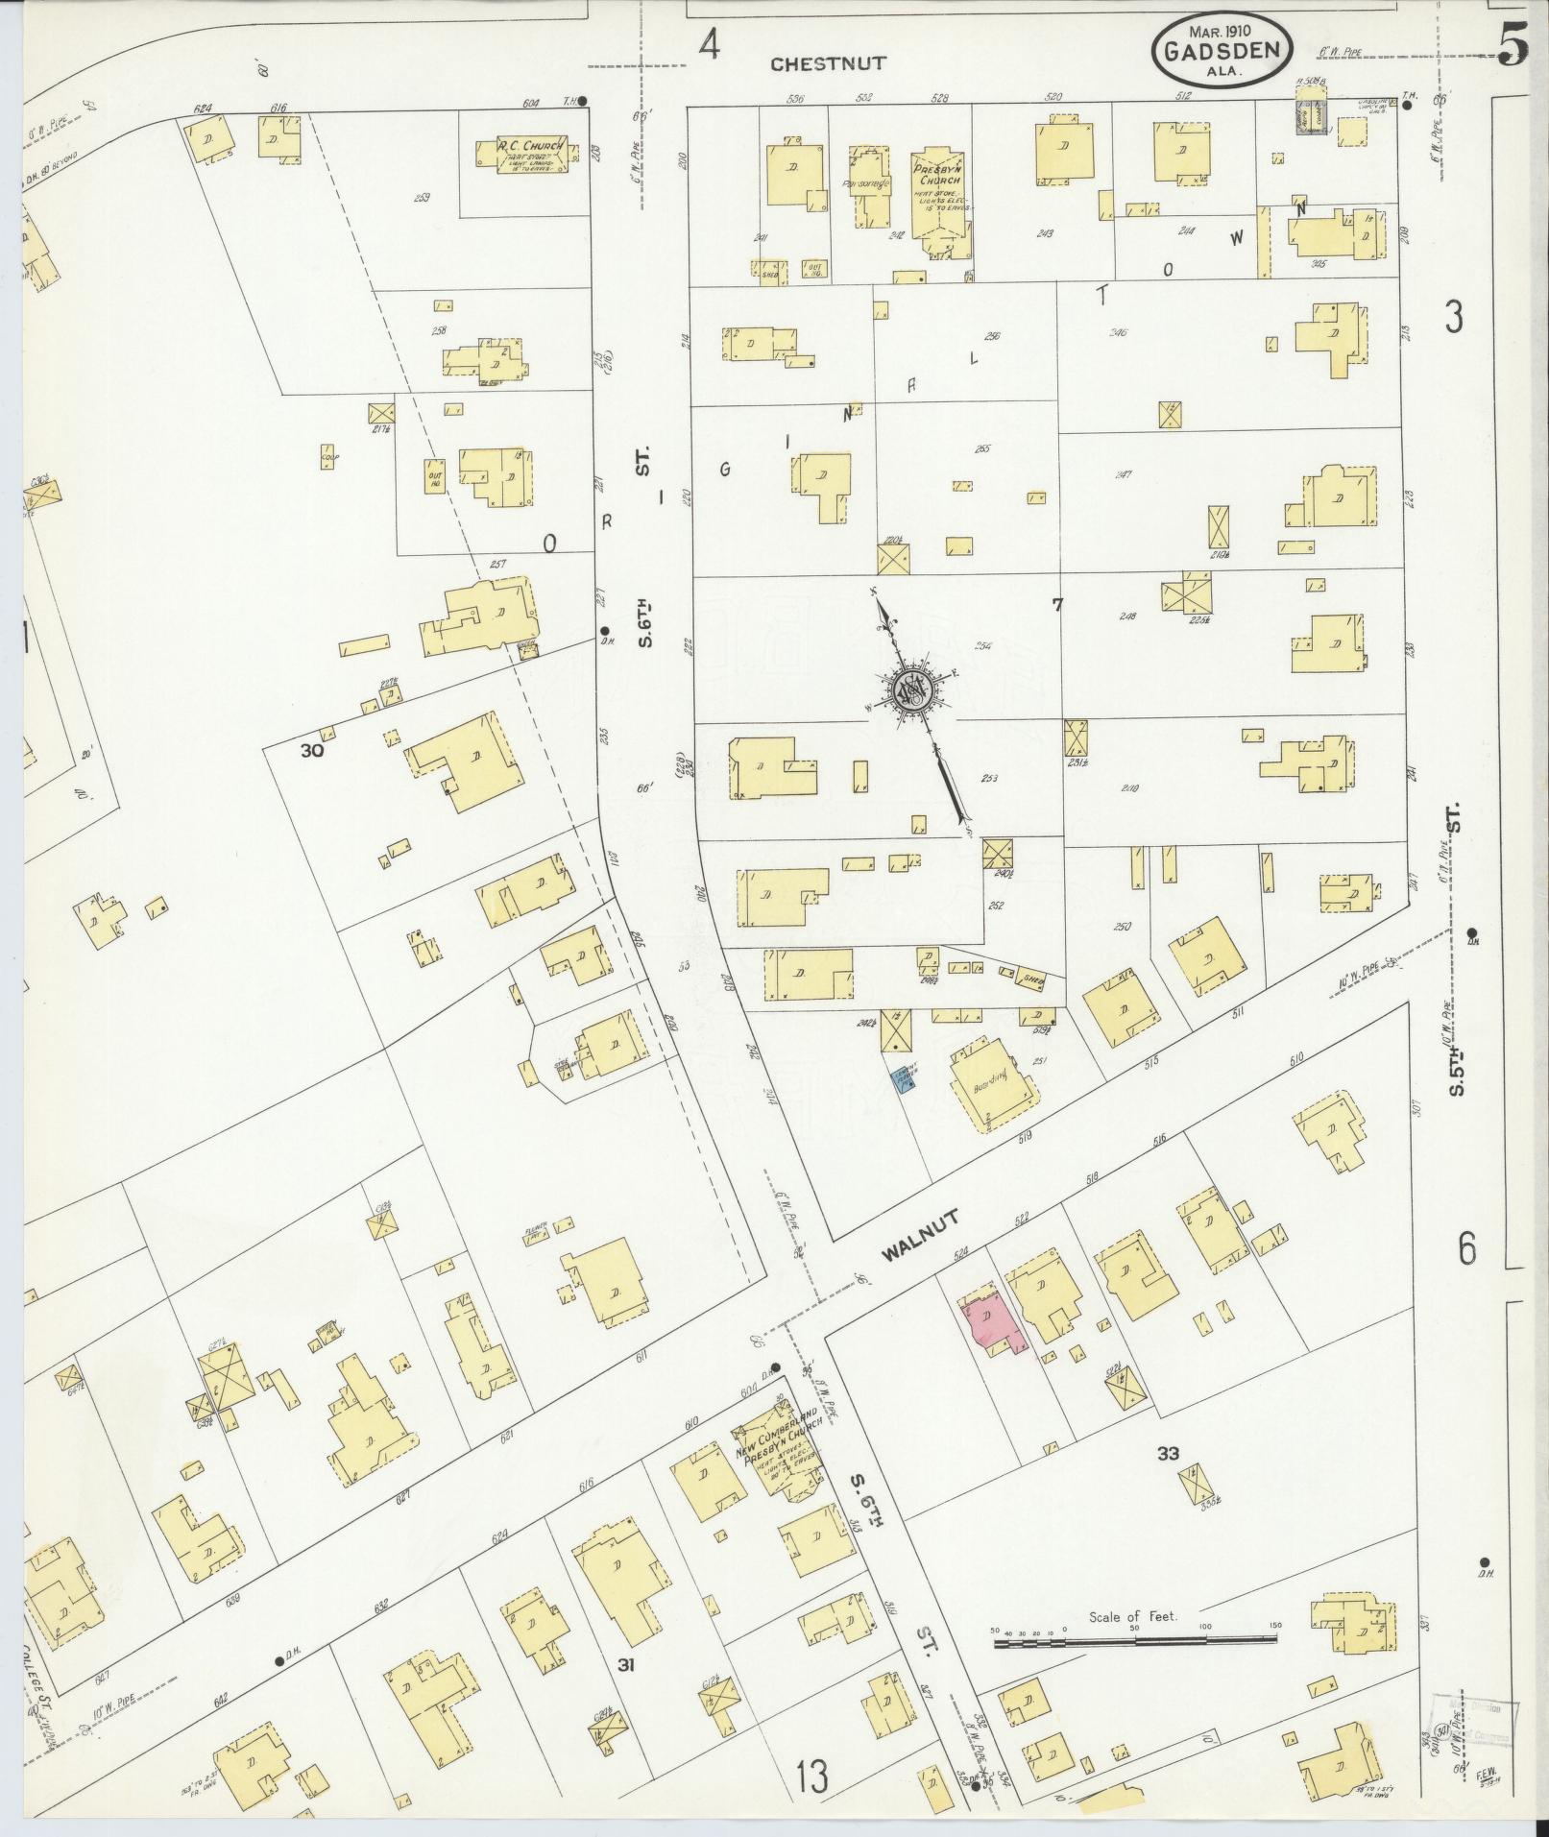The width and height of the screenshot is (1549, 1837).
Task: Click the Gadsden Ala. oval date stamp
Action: click(1222, 49)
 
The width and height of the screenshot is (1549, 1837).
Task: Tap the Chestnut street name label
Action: click(828, 63)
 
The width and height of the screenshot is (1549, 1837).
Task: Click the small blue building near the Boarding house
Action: click(902, 1081)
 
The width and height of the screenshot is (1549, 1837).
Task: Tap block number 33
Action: click(1168, 1453)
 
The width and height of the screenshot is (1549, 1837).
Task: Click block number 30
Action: click(312, 751)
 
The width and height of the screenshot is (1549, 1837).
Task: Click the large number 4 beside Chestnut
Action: click(709, 45)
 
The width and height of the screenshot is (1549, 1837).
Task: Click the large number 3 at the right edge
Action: click(1454, 317)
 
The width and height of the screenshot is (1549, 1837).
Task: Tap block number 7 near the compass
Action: click(1057, 604)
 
